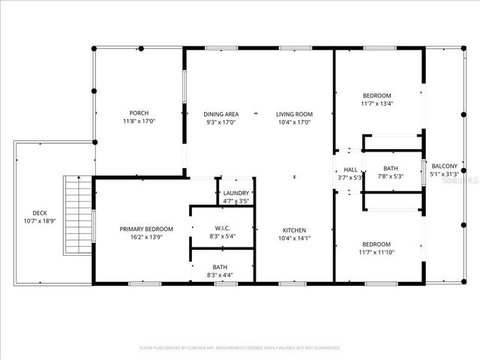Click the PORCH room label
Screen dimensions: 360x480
coord(138,113)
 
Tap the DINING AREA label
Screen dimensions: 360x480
coord(221,113)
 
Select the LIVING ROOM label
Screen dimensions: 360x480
coord(294,113)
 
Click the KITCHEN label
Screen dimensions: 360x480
coord(294,230)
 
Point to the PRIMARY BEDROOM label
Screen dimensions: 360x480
coord(147,229)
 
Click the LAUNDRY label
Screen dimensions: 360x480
coord(236,193)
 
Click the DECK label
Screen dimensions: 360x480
coord(39,212)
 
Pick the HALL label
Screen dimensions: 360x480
coord(350,169)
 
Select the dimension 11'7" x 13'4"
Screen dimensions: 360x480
coord(376,103)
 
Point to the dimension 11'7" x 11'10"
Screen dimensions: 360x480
coord(376,253)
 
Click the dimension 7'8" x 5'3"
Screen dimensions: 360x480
coord(390,177)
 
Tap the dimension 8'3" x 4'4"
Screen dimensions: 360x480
coord(220,275)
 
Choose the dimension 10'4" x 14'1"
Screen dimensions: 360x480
coord(294,238)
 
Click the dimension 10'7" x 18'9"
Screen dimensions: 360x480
coord(39,220)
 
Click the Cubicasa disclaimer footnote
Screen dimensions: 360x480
coord(240,348)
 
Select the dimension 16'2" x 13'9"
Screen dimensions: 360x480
coord(147,237)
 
